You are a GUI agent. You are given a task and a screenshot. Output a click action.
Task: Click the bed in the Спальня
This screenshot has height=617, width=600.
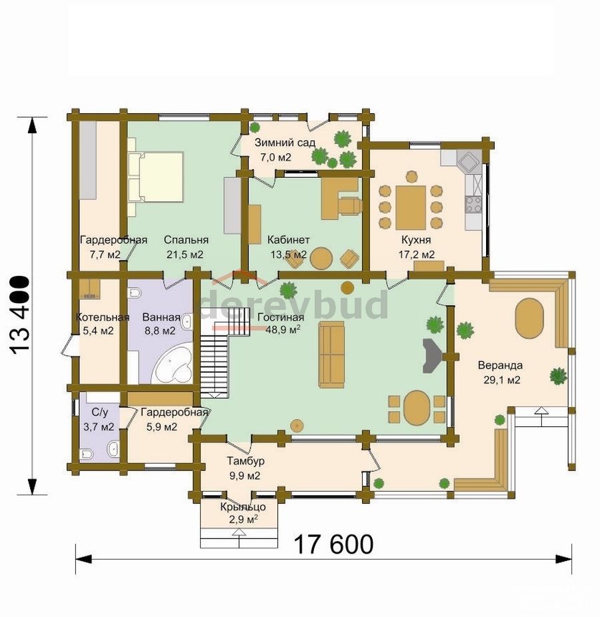[x=155, y=177]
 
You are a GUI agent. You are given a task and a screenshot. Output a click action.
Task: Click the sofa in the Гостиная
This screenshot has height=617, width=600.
[x=331, y=354]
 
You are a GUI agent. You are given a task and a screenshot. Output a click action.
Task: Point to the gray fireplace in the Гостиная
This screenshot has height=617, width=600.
[x=432, y=355]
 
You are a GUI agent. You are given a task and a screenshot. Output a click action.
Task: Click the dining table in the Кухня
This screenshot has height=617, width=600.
[x=411, y=208]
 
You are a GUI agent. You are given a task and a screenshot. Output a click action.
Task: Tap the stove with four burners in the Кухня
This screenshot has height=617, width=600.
[x=473, y=205]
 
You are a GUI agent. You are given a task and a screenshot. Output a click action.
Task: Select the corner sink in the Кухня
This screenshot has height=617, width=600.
[x=469, y=161]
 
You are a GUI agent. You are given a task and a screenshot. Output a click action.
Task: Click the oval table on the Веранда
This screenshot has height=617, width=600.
[x=529, y=318]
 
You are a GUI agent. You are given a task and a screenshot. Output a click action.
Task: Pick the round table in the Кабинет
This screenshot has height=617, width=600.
[x=321, y=258]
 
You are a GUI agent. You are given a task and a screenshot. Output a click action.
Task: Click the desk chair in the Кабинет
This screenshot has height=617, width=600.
[x=351, y=206]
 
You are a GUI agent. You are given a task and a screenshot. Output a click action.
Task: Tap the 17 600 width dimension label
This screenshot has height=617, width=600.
[x=333, y=544]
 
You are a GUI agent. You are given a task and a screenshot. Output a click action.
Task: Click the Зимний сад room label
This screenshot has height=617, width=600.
[x=285, y=143]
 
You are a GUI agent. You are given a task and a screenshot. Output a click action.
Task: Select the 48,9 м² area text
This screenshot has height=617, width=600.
[x=283, y=329]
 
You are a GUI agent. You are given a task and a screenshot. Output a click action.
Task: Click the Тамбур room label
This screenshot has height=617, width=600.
[x=245, y=460]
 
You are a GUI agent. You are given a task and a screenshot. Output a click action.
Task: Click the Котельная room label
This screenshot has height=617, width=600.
[x=103, y=317]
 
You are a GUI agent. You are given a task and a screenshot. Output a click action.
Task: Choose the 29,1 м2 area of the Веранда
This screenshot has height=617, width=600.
[x=501, y=380]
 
